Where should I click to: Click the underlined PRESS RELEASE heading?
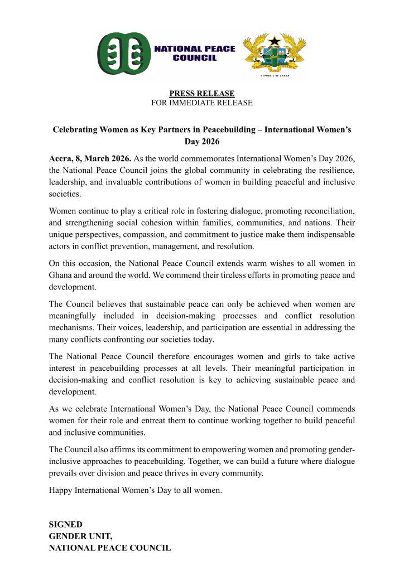(x=202, y=93)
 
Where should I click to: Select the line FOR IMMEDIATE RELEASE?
(x=202, y=103)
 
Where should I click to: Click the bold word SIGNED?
(x=66, y=525)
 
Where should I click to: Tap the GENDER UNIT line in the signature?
(x=81, y=536)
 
